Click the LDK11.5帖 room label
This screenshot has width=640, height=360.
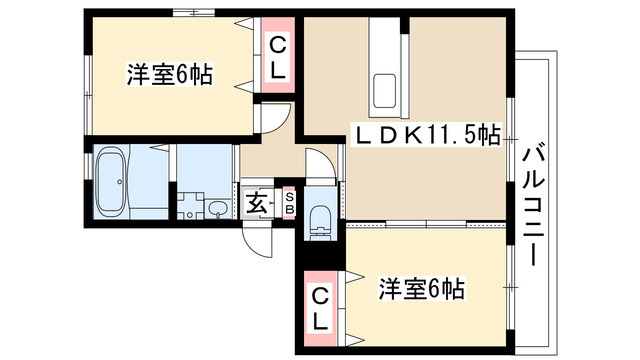(428, 135)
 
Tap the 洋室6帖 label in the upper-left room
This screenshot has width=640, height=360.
(170, 75)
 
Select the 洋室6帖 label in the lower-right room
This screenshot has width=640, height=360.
(422, 289)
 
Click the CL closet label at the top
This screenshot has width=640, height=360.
(278, 58)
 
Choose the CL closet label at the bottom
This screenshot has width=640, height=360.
(320, 309)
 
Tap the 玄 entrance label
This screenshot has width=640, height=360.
(257, 202)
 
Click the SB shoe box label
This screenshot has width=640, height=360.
(289, 203)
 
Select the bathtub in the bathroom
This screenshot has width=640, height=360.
(110, 182)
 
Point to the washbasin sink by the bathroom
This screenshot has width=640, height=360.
(217, 209)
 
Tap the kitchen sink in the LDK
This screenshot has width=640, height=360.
(384, 91)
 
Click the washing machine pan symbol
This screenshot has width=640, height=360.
(190, 206)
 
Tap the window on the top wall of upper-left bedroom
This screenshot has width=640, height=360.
(193, 13)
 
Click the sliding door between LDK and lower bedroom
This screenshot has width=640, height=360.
(426, 224)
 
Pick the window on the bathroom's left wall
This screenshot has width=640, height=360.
(88, 166)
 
